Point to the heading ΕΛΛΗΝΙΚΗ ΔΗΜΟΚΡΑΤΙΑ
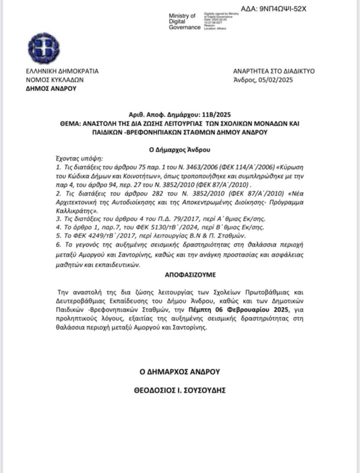(x=62, y=71)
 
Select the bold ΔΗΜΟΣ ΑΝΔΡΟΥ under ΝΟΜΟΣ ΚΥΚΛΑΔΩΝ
(x=51, y=89)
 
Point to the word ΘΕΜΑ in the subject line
(x=71, y=123)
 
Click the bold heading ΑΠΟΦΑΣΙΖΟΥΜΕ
(x=180, y=275)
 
